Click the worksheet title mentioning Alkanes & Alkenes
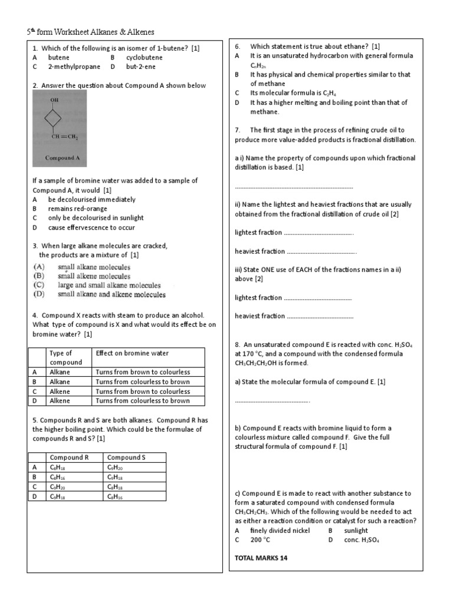click(x=91, y=32)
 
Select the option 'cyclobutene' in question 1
click(x=144, y=58)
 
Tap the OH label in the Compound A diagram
click(x=54, y=100)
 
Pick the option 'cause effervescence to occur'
click(x=91, y=227)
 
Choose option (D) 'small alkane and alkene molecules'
click(x=111, y=294)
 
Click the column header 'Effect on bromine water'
click(x=132, y=353)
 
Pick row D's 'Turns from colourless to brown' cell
click(x=143, y=400)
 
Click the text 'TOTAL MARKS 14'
click(x=261, y=558)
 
